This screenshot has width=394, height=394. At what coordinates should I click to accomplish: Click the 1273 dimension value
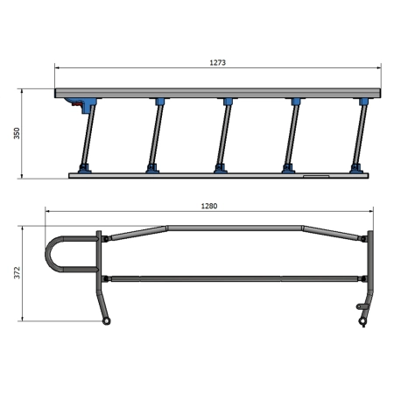click(218, 62)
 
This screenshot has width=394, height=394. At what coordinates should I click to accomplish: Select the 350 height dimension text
click(17, 133)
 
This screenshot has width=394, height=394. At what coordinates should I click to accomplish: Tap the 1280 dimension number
click(209, 206)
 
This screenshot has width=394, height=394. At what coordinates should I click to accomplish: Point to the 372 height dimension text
click(18, 272)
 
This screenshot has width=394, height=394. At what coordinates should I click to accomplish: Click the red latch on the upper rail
click(77, 103)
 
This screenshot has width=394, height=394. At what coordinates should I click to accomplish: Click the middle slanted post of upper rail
click(223, 135)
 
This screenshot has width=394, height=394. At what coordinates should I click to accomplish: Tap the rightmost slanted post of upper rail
click(360, 135)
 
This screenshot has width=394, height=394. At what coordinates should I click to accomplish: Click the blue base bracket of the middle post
click(221, 169)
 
